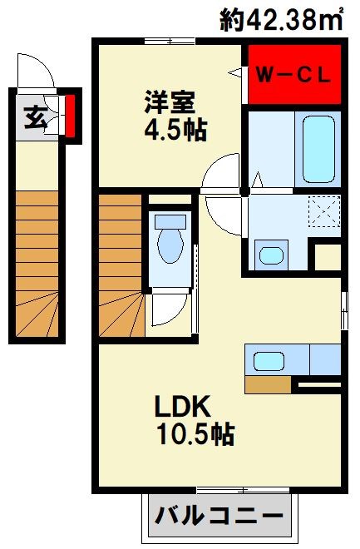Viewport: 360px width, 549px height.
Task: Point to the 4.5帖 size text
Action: click(x=175, y=131)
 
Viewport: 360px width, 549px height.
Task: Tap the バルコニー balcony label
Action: click(x=215, y=517)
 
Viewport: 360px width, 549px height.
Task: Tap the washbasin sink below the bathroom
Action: click(x=269, y=254)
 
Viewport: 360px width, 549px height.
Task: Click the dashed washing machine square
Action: click(x=323, y=208)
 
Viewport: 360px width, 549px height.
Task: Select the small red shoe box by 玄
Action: click(x=71, y=116)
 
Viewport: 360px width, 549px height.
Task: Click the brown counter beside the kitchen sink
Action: click(x=269, y=385)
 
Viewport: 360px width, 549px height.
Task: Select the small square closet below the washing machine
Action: click(x=327, y=257)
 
